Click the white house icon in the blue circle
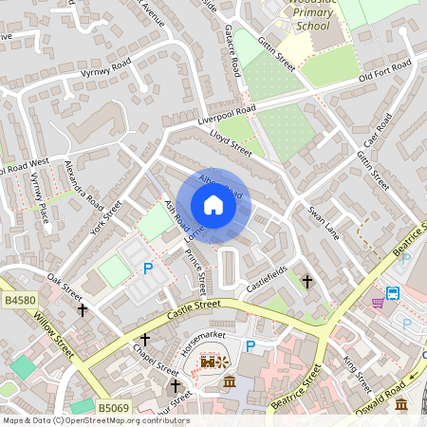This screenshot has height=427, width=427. [213, 205]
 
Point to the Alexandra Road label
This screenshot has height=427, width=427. [83, 184]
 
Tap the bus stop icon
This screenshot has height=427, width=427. [394, 292]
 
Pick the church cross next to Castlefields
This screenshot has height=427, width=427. [306, 281]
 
